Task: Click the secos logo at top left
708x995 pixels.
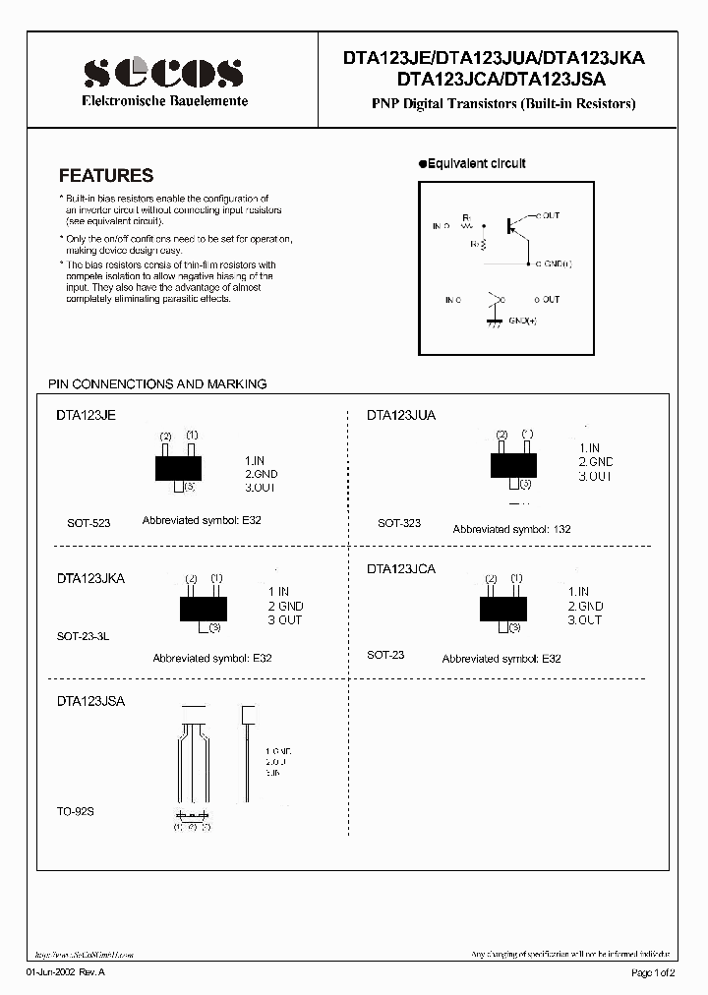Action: (x=163, y=73)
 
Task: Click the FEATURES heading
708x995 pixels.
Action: (x=106, y=176)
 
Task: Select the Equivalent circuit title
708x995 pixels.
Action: (x=477, y=163)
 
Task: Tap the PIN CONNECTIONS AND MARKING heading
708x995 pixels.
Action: (x=157, y=383)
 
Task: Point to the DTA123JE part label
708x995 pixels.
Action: (x=87, y=416)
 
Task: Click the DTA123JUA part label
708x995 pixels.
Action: (x=401, y=416)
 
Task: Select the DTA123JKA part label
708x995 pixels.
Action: (x=91, y=579)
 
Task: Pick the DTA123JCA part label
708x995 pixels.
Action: (x=401, y=569)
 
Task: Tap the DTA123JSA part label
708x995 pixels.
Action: (x=91, y=702)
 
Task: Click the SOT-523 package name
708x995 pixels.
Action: (x=88, y=523)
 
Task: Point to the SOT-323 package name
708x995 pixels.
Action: (x=399, y=523)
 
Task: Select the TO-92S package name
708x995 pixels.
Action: (x=76, y=812)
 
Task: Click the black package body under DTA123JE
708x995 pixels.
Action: (x=178, y=467)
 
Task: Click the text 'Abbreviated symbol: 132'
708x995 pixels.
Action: (x=511, y=529)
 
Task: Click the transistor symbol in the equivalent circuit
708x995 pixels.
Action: (x=515, y=225)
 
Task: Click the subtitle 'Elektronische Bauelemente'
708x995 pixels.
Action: (x=163, y=101)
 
